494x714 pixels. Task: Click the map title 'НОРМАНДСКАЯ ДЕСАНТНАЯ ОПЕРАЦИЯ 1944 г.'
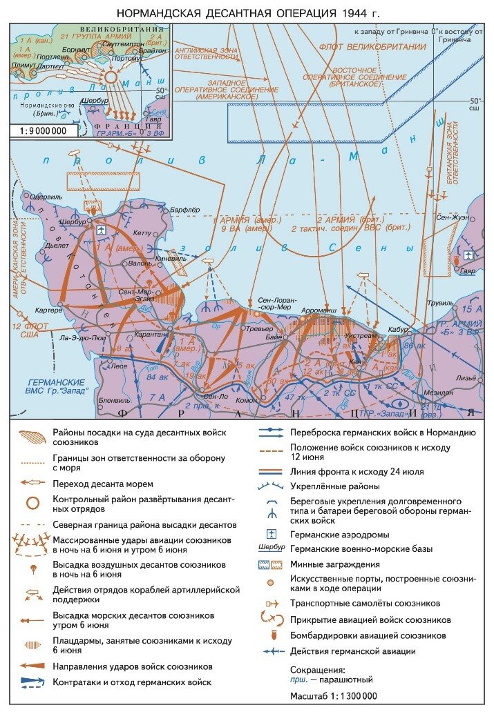(x=247, y=13)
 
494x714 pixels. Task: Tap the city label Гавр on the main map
(x=468, y=271)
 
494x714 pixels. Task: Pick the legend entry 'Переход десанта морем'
(x=102, y=484)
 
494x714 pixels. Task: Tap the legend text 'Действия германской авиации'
(x=353, y=651)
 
